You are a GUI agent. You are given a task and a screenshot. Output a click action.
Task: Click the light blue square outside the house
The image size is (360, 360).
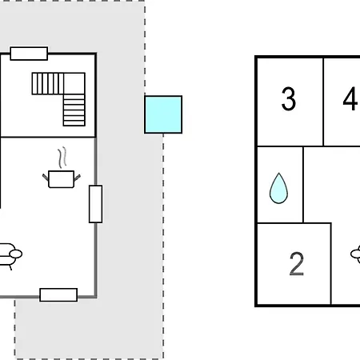click(163, 114)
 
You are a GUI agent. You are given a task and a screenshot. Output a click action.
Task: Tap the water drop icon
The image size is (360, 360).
click(278, 188)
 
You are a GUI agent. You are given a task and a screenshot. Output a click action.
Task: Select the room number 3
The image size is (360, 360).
click(289, 98)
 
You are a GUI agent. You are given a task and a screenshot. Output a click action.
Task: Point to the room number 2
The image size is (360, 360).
click(297, 264)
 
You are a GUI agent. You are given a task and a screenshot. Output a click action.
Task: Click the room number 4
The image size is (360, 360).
click(351, 98)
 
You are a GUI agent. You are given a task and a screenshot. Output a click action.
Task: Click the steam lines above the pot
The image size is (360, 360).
click(62, 158)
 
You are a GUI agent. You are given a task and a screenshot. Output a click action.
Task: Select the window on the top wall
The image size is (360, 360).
click(29, 54)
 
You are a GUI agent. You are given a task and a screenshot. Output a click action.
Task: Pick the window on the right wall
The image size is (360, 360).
click(95, 204)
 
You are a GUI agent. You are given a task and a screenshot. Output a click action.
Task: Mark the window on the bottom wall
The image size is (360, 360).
click(58, 295)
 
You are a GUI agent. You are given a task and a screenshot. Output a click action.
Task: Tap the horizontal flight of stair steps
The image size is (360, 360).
click(48, 83)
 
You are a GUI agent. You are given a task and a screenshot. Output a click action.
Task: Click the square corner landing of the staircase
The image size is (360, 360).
click(74, 83)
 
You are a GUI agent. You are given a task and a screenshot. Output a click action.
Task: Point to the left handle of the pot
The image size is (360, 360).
click(46, 177)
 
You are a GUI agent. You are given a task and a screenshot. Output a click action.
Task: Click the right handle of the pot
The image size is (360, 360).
click(77, 178)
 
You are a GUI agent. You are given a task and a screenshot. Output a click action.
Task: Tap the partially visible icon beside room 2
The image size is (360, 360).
click(355, 254)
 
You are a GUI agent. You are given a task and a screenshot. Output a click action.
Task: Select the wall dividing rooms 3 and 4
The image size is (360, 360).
click(323, 102)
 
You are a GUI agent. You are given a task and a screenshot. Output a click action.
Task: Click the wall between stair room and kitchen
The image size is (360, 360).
click(48, 138)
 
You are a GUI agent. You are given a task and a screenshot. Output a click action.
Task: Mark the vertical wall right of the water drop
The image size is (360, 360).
click(303, 185)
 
